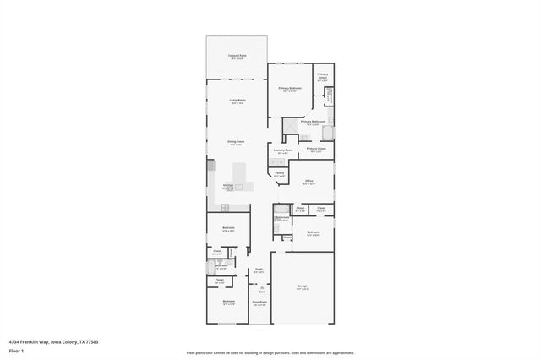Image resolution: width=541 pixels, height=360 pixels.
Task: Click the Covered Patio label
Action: click(x=237, y=57)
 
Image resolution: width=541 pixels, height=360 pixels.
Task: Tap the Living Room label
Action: click(x=237, y=101)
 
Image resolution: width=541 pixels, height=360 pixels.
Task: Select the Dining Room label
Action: click(x=236, y=142)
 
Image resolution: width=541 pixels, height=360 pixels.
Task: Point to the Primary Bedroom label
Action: click(x=290, y=88)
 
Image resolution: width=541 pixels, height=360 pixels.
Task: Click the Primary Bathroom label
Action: click(x=312, y=122)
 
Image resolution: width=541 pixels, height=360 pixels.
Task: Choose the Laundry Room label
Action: click(x=282, y=151)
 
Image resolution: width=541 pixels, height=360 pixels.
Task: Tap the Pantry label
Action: click(x=279, y=173)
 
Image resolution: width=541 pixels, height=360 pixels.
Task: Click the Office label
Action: click(x=309, y=181)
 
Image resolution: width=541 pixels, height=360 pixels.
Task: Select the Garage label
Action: click(x=303, y=287)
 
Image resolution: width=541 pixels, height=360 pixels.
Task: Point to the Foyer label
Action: click(x=260, y=271)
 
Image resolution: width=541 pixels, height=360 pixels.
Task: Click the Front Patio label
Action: click(x=260, y=302)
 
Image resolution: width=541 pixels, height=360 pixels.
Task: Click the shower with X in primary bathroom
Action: click(x=290, y=127)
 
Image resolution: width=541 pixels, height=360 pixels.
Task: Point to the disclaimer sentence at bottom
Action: click(x=270, y=353)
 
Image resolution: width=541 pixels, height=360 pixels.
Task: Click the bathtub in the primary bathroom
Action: click(x=328, y=132)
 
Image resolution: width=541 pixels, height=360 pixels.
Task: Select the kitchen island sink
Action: click(x=239, y=187)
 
